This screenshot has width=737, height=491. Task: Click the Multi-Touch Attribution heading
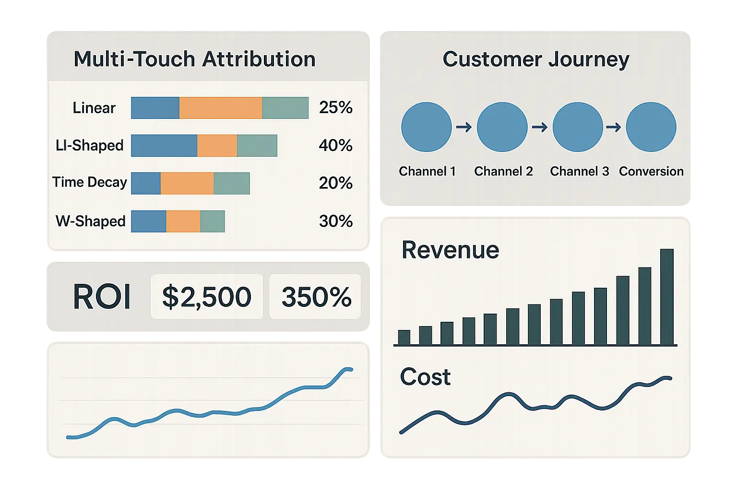194,59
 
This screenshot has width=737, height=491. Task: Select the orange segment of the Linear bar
220,108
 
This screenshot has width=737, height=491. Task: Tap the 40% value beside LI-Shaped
335,145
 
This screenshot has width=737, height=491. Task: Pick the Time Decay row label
90,182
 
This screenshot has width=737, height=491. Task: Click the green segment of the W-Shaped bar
213,222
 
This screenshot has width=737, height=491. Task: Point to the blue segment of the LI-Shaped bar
164,146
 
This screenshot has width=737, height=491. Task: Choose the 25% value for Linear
335,107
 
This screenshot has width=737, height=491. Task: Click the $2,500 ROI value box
207,297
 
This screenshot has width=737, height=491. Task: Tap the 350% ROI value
316,297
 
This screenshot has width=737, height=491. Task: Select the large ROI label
102,297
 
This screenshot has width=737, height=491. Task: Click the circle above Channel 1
426,127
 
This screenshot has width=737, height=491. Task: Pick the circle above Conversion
651,127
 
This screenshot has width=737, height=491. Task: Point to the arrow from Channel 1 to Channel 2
464,127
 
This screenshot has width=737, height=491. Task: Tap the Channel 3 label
579,171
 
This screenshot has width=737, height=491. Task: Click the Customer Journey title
535,59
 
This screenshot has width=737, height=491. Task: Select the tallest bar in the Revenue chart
667,297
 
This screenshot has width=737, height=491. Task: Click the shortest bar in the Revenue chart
404,338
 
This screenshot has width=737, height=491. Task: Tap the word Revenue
450,250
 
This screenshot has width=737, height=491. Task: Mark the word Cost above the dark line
425,377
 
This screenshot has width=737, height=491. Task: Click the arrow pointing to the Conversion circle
614,127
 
